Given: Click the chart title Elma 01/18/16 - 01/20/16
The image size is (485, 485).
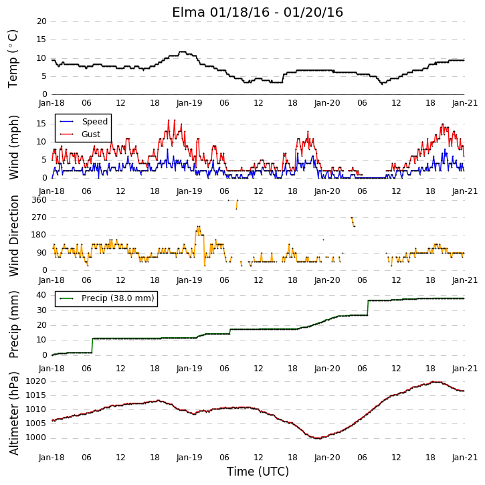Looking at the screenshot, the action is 258,12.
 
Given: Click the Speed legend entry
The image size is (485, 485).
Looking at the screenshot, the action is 84,122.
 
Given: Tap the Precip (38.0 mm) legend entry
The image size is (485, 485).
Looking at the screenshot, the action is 107,298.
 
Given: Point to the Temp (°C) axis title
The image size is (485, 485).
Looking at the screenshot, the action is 13,59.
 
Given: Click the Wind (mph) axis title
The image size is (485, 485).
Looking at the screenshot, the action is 13,147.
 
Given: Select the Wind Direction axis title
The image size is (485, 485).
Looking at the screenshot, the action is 13,235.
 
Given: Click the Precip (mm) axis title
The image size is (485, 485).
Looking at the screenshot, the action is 13,324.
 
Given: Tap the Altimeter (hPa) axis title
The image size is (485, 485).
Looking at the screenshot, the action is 13,413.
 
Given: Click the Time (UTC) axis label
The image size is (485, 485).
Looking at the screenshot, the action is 258,472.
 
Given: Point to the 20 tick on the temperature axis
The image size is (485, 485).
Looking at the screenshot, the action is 41,21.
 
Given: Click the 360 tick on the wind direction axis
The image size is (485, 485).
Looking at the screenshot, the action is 39,200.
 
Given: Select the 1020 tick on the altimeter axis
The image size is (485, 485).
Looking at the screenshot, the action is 36,381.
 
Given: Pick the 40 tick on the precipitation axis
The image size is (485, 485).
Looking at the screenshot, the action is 41,295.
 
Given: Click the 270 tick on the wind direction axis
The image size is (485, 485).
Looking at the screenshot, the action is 39,217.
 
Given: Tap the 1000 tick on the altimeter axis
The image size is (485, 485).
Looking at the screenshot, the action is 36,438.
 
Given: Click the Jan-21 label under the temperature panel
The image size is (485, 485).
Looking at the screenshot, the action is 464,103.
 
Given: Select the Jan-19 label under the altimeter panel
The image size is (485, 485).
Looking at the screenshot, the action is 189,457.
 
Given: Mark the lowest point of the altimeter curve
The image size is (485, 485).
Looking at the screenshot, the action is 318,438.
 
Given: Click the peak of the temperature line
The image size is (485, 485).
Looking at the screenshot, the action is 183,52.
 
